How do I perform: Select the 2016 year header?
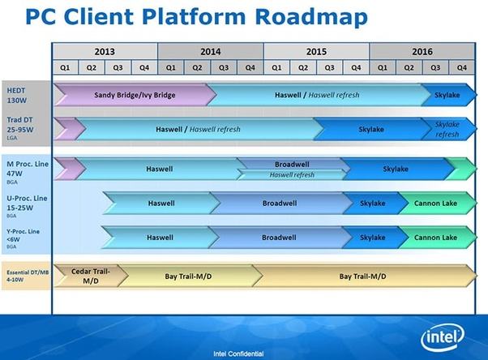coord(421,50)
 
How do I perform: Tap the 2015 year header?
coord(315,50)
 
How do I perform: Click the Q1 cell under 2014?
coord(170,66)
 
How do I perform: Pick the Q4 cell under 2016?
coord(460,66)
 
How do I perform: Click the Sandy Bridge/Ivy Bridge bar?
coord(135,94)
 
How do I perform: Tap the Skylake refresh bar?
coord(447,129)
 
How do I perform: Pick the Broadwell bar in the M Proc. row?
coord(292,163)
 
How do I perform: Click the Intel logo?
coord(442,337)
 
